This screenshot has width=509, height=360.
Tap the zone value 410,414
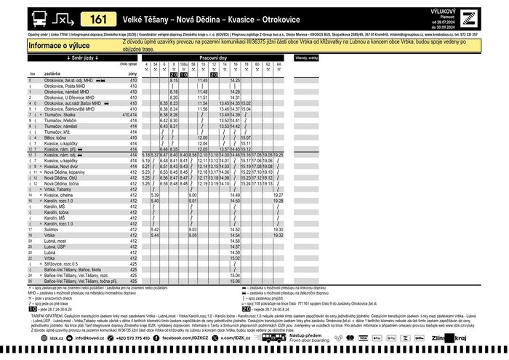point(130,114)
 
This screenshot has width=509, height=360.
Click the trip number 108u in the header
point(184,65)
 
